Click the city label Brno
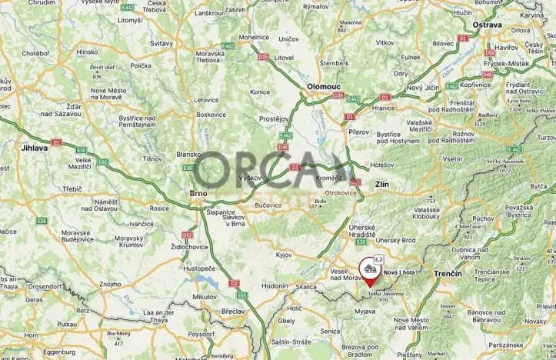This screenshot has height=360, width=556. [x=199, y=194]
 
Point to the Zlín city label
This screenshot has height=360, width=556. [x=381, y=185]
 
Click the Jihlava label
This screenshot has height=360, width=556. [x=35, y=148]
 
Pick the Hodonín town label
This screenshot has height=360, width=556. [x=252, y=285]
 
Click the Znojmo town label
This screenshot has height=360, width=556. [x=110, y=284]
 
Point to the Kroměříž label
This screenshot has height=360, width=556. [x=329, y=178]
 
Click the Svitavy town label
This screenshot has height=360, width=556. [x=161, y=45]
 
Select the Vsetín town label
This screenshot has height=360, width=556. [x=452, y=159]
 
